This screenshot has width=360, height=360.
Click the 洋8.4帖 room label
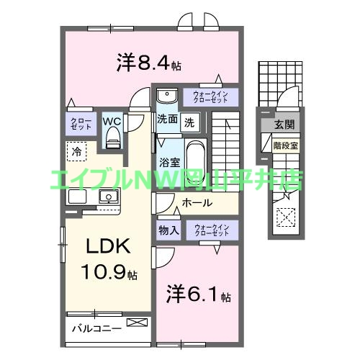(148, 63)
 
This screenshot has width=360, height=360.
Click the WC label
(112, 121)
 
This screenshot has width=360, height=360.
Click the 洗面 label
(167, 120)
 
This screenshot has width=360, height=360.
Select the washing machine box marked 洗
(189, 120)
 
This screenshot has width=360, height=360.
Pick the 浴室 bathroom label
(169, 162)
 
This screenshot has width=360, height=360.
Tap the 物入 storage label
(168, 231)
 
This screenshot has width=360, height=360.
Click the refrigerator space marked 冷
(76, 151)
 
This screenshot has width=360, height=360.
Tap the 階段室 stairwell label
(286, 144)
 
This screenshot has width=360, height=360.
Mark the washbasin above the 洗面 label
(167, 96)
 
